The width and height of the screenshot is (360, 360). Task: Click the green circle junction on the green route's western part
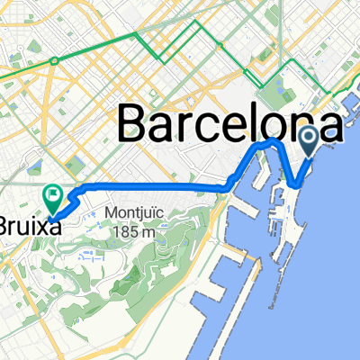click(x=55, y=61)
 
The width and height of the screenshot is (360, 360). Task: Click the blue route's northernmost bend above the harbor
click(x=270, y=141)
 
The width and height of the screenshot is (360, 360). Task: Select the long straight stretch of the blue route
click(x=153, y=187)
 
